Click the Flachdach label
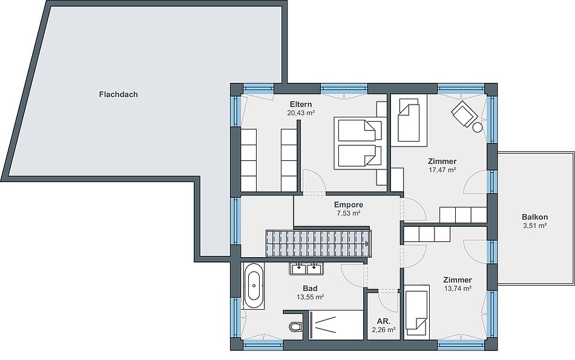point(119,94)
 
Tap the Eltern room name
point(301,104)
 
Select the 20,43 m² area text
point(301,113)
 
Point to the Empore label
point(349,205)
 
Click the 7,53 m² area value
point(349,214)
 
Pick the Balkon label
point(534,217)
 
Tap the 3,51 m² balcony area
point(534,226)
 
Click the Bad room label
point(310,289)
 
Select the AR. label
point(383,321)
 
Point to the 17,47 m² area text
point(442,170)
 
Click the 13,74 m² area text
point(458,289)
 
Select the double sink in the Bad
point(306,269)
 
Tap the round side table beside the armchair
point(477,127)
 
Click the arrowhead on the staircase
point(367,243)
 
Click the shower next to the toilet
point(335,326)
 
